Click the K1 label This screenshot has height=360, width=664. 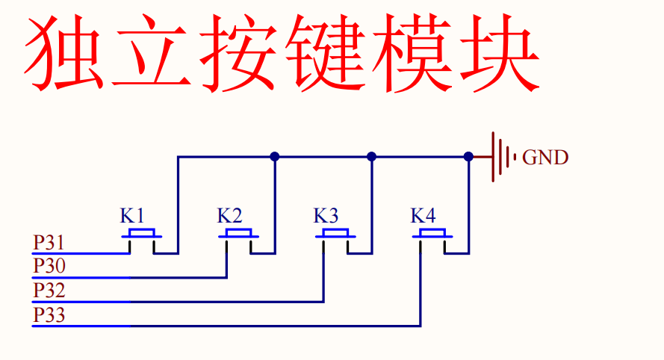132,216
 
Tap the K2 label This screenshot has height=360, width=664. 229,216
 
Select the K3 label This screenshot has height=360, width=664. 326,216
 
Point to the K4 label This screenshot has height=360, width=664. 423,216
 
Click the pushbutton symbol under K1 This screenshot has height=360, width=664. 142,237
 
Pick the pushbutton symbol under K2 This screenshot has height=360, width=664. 239,237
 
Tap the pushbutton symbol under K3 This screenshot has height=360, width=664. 335,237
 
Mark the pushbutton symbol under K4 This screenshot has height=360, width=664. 432,237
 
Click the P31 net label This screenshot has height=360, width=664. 49,243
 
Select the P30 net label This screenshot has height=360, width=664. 49,267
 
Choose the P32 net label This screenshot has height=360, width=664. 49,291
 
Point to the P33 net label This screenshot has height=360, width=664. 49,315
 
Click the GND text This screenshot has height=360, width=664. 545,158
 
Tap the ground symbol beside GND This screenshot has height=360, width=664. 501,157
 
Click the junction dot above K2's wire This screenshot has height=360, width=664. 275,157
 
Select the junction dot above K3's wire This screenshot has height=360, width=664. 372,157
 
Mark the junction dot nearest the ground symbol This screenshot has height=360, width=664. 468,157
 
